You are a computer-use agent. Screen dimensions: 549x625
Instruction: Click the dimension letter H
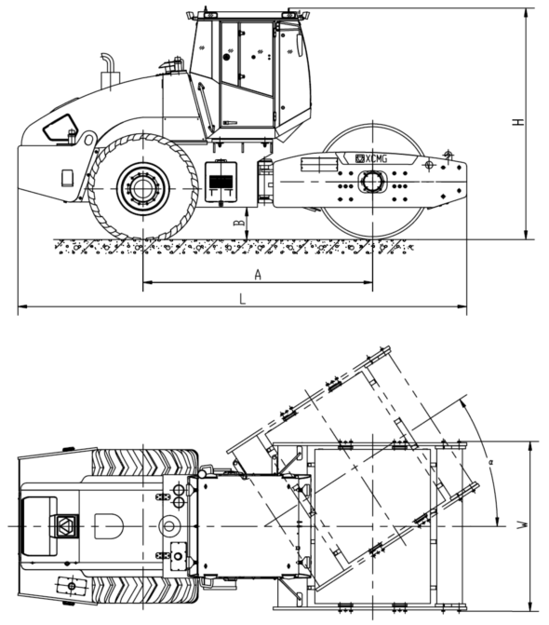click(518, 121)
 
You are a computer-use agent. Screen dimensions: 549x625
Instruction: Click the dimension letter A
click(258, 275)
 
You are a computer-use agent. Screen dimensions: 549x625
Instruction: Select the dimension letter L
click(243, 299)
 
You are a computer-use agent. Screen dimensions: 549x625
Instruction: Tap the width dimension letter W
click(524, 525)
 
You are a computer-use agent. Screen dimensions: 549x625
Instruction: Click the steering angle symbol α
click(491, 462)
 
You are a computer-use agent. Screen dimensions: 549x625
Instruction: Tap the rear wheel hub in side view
click(143, 188)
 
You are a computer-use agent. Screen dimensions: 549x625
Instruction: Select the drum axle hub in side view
click(372, 182)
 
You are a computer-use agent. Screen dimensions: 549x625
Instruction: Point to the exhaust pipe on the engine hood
click(109, 72)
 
